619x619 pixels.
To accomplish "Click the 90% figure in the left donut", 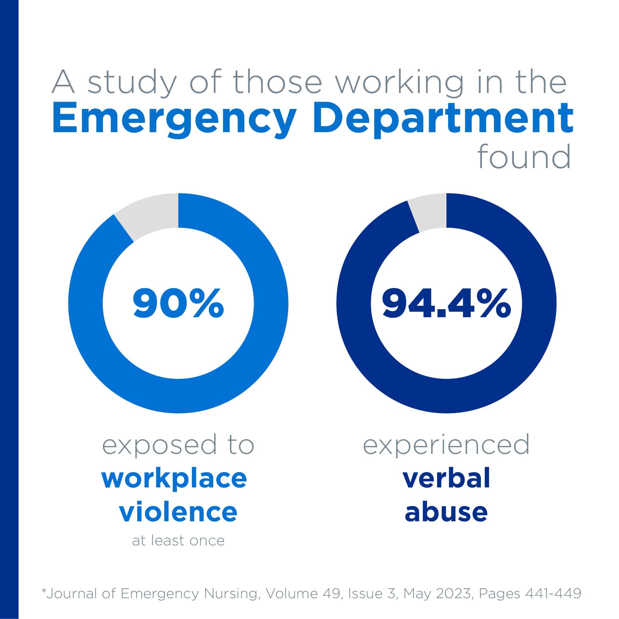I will [178, 304].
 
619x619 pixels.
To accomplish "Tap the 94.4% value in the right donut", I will [446, 304].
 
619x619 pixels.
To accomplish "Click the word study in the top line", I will [132, 83].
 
